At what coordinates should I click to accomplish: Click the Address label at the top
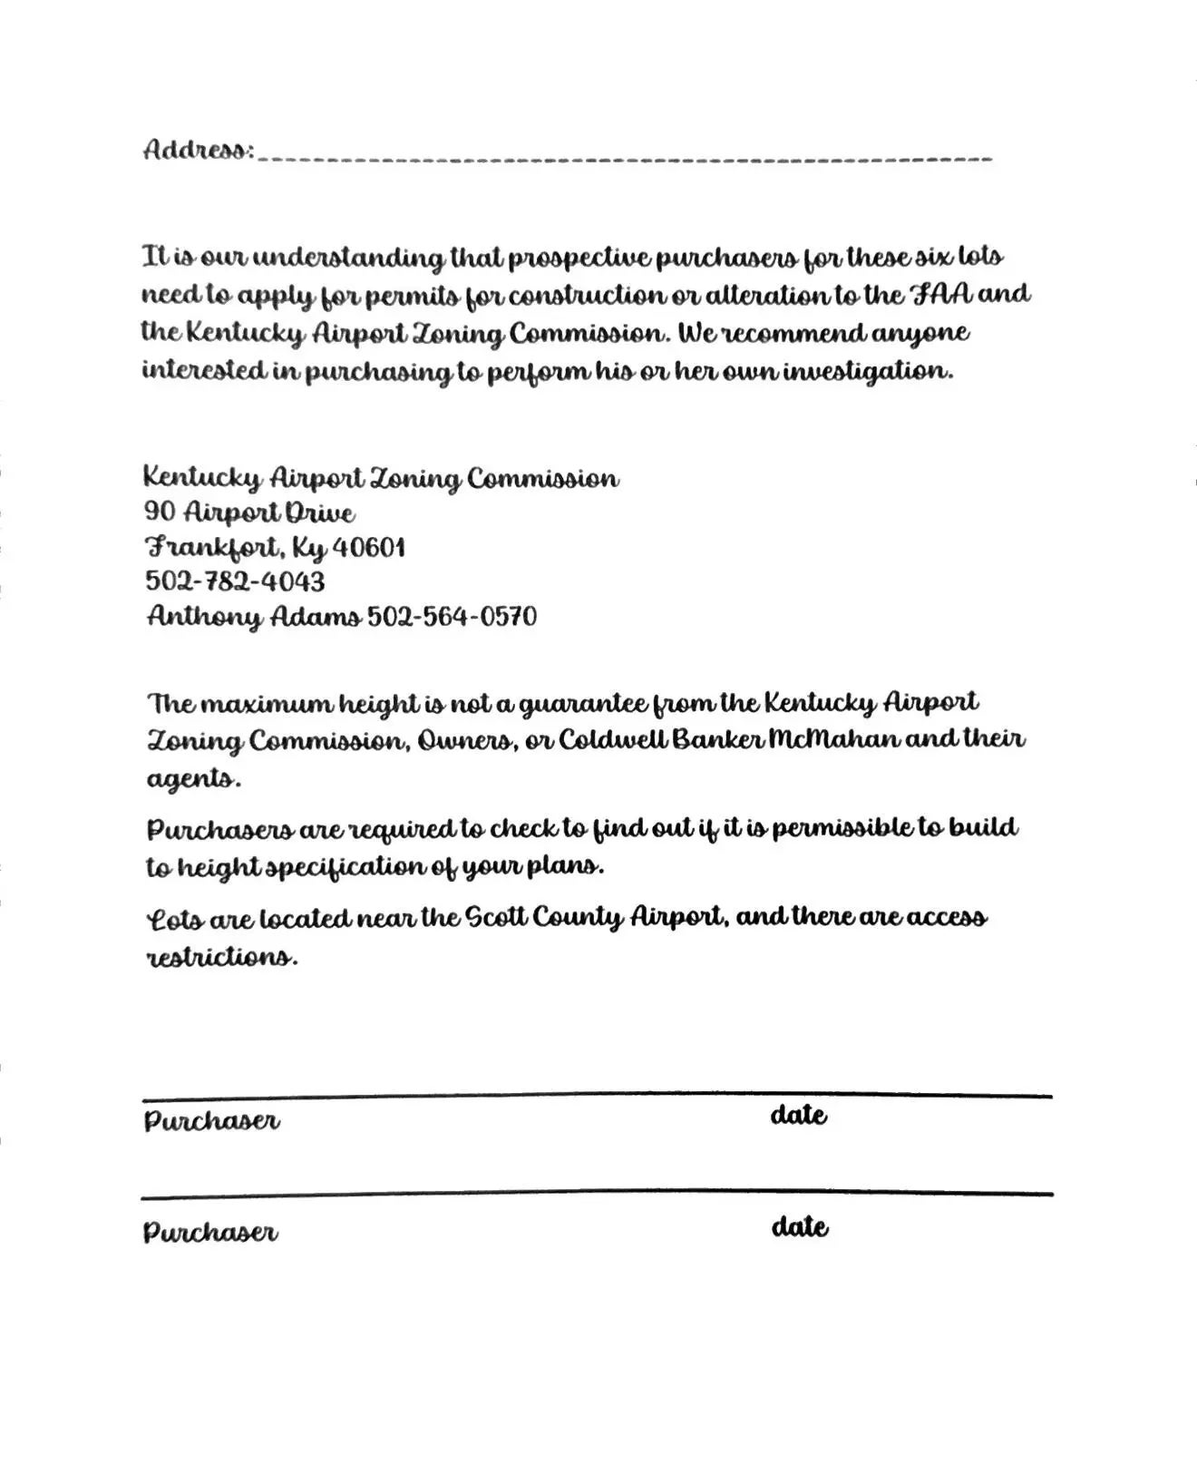click(197, 150)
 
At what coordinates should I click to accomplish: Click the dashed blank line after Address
click(626, 159)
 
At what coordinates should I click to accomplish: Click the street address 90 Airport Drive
click(249, 513)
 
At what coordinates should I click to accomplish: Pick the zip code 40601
click(369, 548)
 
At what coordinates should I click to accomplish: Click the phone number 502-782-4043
click(235, 581)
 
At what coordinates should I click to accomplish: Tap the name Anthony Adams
click(254, 617)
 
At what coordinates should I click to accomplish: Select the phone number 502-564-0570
click(452, 617)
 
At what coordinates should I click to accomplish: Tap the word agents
click(193, 778)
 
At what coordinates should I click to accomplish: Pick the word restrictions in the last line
click(222, 957)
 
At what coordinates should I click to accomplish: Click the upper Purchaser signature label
click(211, 1121)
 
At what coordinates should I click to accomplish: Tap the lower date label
click(799, 1227)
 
